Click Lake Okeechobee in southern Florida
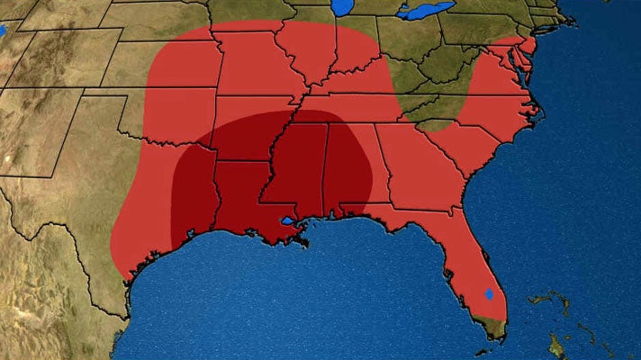pyautogui.click(x=489, y=293)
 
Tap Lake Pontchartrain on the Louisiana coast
pyautogui.click(x=287, y=220)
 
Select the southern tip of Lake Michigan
pyautogui.click(x=341, y=11)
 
